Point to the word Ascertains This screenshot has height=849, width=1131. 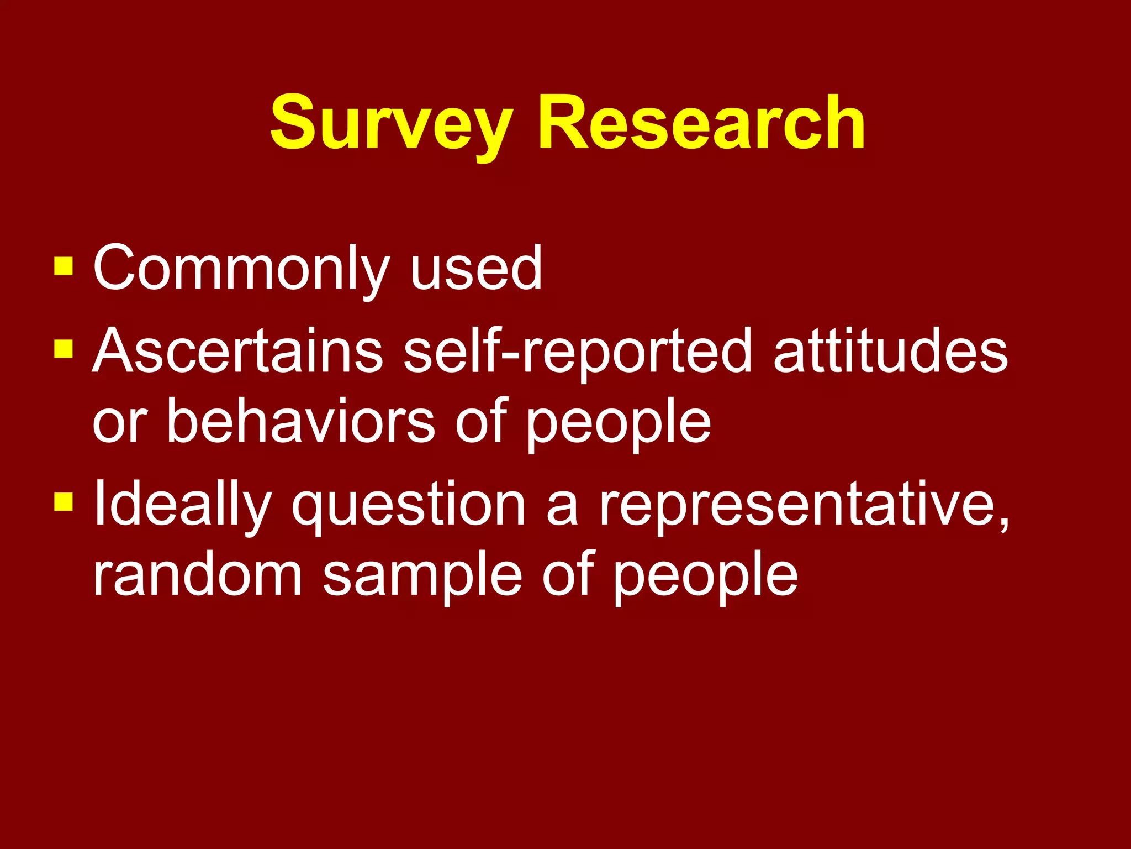click(237, 352)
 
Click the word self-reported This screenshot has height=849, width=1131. click(578, 352)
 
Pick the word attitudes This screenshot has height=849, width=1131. click(890, 352)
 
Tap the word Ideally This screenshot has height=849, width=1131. click(182, 504)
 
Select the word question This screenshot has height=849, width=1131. click(409, 504)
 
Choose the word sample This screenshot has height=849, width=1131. click(422, 575)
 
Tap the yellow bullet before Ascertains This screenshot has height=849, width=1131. click(64, 348)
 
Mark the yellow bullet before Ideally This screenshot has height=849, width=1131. click(64, 501)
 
